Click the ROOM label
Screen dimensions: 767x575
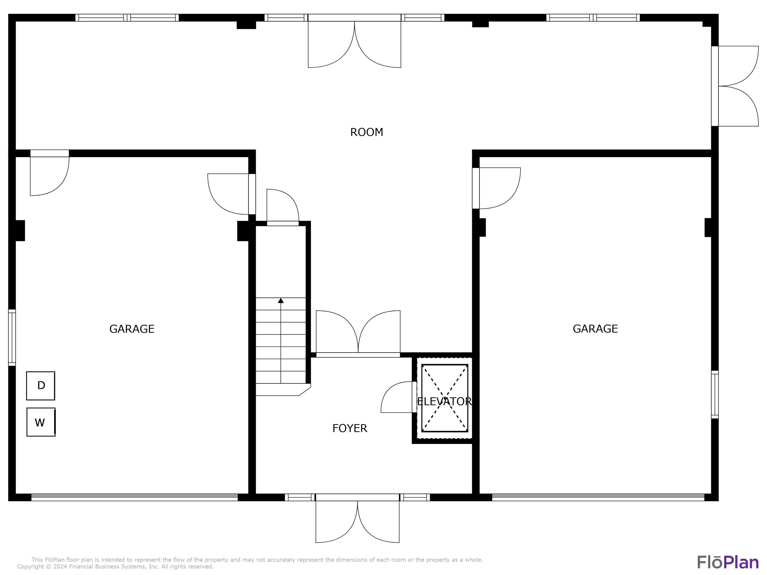[x=367, y=132]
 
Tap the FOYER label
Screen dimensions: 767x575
[x=349, y=428]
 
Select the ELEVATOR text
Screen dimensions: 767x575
[x=444, y=401]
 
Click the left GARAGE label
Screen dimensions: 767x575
[x=132, y=329]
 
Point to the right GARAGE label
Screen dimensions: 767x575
[x=595, y=329]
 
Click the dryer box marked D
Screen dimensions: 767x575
[x=41, y=386]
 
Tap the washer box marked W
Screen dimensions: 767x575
[x=41, y=422]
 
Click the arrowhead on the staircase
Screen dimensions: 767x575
[x=281, y=301]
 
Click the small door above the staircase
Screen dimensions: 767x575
[x=283, y=207]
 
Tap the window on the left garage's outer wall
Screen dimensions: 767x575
[x=12, y=338]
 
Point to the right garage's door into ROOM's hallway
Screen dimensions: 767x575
[x=496, y=188]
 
